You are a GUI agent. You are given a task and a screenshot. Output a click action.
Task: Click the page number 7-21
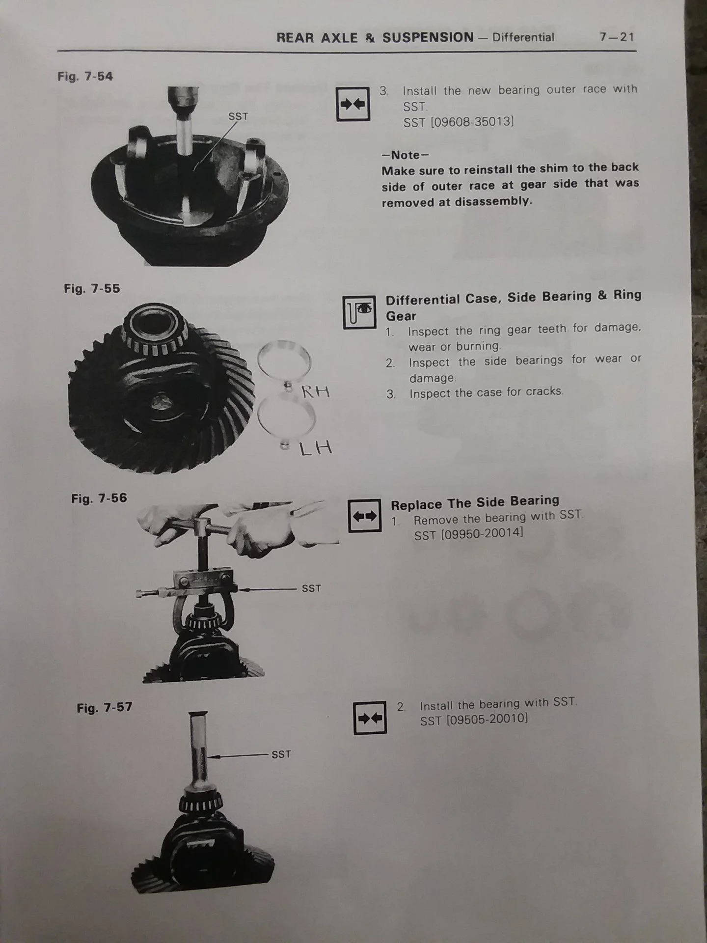point(617,37)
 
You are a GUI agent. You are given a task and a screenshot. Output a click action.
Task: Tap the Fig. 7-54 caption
point(85,76)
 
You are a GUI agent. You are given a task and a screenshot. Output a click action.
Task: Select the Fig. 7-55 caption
point(92,288)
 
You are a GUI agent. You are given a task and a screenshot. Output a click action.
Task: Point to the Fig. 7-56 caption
point(99,499)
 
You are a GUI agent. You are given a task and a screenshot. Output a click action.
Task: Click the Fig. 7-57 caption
point(105,708)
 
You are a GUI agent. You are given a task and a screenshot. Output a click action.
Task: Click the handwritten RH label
point(315,392)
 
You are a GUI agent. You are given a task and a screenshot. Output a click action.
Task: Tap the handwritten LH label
point(316,448)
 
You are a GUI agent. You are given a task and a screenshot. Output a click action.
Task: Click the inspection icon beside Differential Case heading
point(359,312)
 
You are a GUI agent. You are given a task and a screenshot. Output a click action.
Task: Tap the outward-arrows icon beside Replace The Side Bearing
point(365,516)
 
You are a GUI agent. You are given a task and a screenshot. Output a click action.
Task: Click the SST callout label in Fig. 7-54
point(238,117)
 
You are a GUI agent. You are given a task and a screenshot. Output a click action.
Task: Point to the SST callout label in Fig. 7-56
point(311,588)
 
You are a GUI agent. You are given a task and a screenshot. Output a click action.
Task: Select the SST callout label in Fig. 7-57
point(281,754)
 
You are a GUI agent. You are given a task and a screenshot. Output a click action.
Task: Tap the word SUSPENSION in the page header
point(428,38)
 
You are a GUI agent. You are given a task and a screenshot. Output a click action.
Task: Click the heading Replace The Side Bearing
point(475,503)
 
